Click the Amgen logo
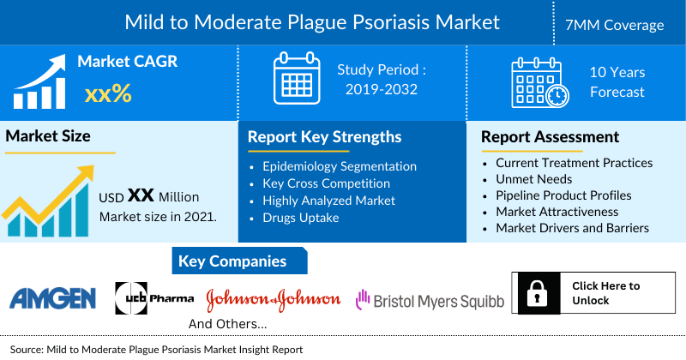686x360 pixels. pyautogui.click(x=52, y=298)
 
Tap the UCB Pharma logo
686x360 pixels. pyautogui.click(x=154, y=297)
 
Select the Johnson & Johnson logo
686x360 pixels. pyautogui.click(x=274, y=299)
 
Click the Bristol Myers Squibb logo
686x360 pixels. pyautogui.click(x=430, y=299)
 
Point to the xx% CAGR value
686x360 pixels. pyautogui.click(x=108, y=93)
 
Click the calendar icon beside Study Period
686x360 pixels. pyautogui.click(x=296, y=78)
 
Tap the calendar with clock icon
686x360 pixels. pyautogui.click(x=539, y=82)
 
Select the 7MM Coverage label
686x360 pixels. pyautogui.click(x=620, y=25)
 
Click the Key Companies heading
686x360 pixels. pyautogui.click(x=232, y=261)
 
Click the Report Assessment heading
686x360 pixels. pyautogui.click(x=550, y=137)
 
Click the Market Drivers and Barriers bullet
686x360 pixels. pyautogui.click(x=572, y=228)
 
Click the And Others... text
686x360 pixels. pyautogui.click(x=227, y=325)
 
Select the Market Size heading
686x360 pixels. pyautogui.click(x=48, y=135)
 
